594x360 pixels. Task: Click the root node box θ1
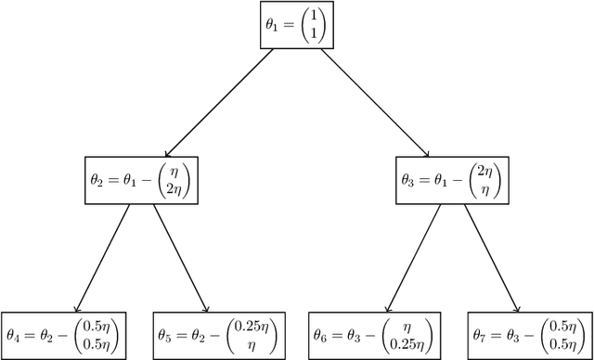(x=295, y=25)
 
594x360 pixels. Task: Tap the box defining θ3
(x=452, y=182)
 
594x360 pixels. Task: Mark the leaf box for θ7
(x=528, y=333)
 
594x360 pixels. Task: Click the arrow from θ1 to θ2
(x=219, y=103)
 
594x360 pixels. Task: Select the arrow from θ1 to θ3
(x=371, y=103)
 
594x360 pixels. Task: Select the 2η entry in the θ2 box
(x=176, y=189)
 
